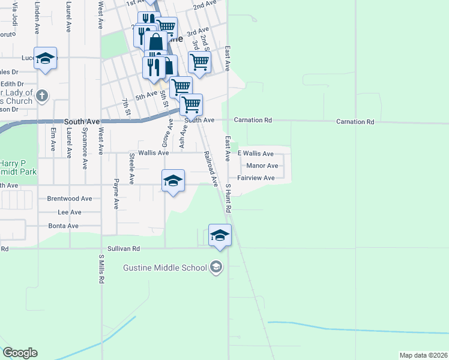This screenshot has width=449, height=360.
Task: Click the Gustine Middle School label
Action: [163, 267]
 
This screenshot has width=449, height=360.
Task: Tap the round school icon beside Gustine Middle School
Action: [216, 267]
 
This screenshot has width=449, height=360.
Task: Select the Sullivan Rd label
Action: [124, 248]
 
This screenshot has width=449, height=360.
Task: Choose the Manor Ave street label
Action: [262, 166]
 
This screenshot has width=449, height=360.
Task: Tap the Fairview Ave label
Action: [256, 178]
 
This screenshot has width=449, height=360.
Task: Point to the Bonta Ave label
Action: [64, 226]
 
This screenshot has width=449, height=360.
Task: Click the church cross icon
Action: [41, 95]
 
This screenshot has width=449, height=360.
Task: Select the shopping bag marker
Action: [155, 42]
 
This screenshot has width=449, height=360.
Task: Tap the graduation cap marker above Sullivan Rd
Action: [220, 235]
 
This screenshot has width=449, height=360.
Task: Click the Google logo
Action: [20, 353]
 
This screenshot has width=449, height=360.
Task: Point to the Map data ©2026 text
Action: [423, 355]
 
